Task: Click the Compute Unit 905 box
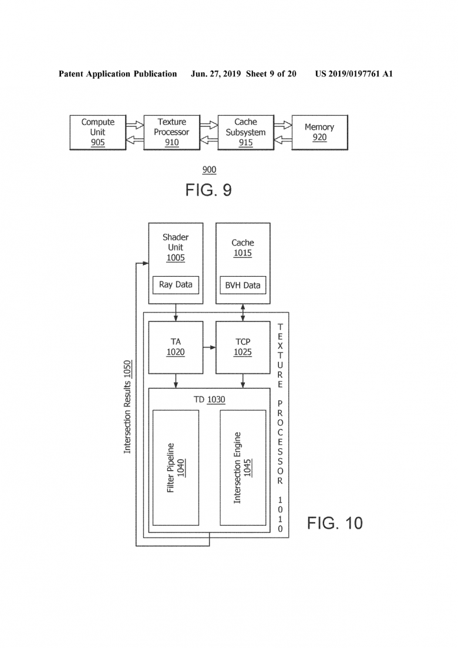(98, 132)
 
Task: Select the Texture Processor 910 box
(172, 132)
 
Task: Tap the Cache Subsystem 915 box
(245, 132)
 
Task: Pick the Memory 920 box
(319, 132)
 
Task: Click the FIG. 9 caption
(208, 190)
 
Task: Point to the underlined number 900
(210, 170)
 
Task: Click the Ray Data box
(176, 285)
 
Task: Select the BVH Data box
(243, 285)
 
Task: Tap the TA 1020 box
(176, 348)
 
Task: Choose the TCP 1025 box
(243, 348)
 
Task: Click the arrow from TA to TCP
(210, 347)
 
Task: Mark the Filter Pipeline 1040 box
(176, 468)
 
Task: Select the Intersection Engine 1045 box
(243, 468)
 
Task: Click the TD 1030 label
(210, 399)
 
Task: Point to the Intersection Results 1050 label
(127, 407)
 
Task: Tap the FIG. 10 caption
(335, 523)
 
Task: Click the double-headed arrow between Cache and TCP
(243, 313)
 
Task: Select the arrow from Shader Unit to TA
(176, 313)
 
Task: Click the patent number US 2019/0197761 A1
(354, 74)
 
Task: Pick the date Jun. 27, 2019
(215, 74)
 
